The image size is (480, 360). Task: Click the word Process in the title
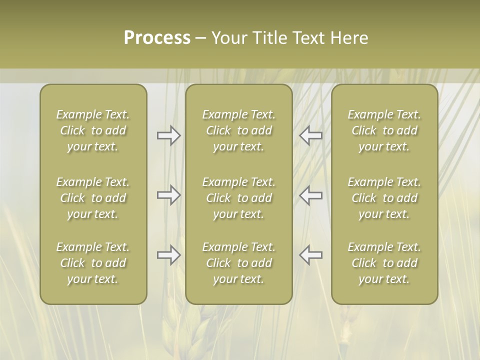coord(157,38)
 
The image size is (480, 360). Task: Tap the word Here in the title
coord(349,38)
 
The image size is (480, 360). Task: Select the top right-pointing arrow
coord(168,135)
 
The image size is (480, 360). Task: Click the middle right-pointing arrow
coord(168,195)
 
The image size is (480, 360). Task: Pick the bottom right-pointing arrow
coord(168,255)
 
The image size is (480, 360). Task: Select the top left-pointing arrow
coord(311,135)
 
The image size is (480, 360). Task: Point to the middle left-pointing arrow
coord(311,195)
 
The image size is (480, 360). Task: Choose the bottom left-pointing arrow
coord(311,255)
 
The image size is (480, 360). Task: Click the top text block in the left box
coord(93,130)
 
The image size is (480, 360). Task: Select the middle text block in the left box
coord(93,198)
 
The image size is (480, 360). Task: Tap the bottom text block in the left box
coord(93,263)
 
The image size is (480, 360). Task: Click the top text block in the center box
coord(239,130)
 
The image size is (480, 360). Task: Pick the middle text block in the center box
coord(239,198)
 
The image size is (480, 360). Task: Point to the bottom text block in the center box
coord(239,263)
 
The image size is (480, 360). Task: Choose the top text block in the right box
coord(384,130)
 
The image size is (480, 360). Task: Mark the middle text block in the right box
coord(384,198)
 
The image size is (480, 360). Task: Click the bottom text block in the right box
coord(384,263)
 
